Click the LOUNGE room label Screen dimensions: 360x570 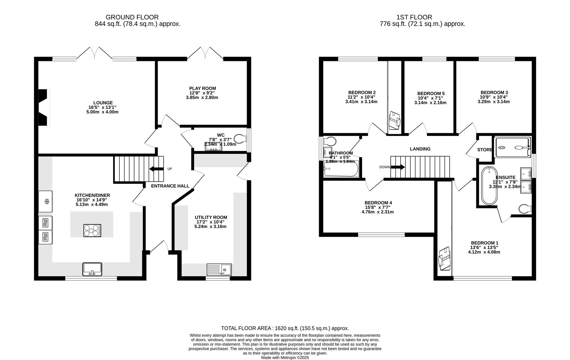point(103,103)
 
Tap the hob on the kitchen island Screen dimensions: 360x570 point(92,230)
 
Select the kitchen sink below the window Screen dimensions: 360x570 point(92,269)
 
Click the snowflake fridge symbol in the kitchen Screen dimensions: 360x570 point(47,201)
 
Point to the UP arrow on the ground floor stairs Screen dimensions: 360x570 point(157,169)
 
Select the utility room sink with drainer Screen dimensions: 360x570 point(219,269)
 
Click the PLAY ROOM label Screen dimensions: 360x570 point(202,88)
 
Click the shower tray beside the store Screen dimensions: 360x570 point(512,147)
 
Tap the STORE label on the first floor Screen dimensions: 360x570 point(484,150)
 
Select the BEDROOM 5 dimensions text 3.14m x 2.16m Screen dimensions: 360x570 point(430,103)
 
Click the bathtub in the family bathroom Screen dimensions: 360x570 point(341,169)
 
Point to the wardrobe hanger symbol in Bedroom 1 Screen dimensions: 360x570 point(444,258)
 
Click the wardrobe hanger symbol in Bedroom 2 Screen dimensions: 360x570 point(395,121)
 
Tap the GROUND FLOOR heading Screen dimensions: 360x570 point(132,17)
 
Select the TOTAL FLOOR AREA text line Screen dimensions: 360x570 point(285,328)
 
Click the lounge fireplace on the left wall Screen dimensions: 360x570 point(44,107)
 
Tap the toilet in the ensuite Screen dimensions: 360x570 point(525,209)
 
